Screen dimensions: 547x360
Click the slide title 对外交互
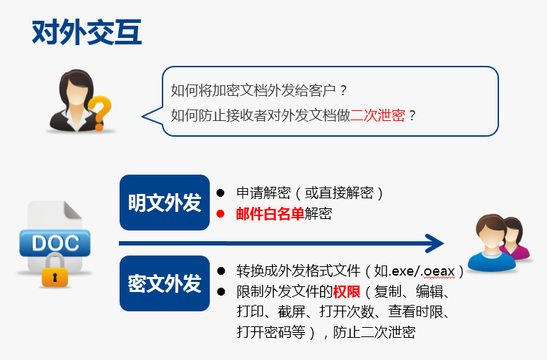tap(87, 32)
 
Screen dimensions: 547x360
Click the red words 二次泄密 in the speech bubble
tap(378, 115)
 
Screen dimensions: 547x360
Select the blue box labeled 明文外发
tap(165, 203)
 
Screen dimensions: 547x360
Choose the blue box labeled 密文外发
tap(165, 283)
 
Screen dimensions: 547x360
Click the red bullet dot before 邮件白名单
tap(220, 213)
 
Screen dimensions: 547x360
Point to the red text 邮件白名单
tap(271, 213)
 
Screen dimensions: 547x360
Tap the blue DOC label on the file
tap(55, 243)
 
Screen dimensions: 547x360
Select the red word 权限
tap(347, 291)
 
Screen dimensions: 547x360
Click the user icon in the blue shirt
tap(491, 243)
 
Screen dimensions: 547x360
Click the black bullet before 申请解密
tap(220, 193)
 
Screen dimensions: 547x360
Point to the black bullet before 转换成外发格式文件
tap(221, 271)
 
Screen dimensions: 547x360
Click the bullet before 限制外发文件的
tap(221, 291)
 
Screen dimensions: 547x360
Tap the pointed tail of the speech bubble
tap(144, 117)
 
